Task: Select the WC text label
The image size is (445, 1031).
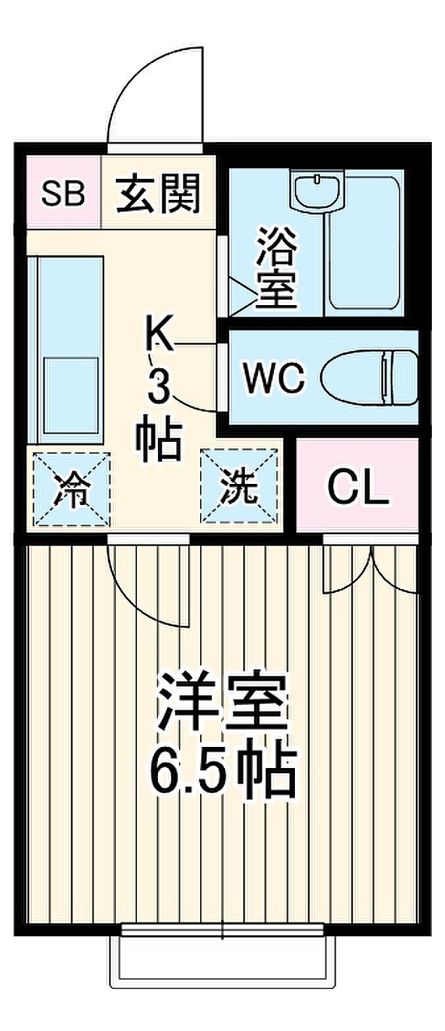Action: [x=273, y=377]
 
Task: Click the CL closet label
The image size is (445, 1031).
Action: [x=358, y=487]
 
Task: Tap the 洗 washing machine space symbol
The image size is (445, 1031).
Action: [x=239, y=487]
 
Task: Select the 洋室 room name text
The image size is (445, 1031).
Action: [x=222, y=709]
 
